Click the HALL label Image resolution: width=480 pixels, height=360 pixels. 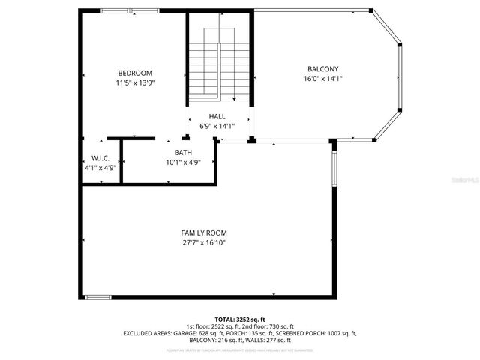point(217,117)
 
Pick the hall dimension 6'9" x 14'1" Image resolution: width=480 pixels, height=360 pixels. point(217,127)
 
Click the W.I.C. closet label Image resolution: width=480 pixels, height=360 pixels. point(100,158)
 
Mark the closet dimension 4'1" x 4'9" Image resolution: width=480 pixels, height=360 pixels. point(100,168)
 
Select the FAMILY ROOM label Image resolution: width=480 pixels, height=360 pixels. point(204,232)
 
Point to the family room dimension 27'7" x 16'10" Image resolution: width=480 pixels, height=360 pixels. point(204,242)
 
